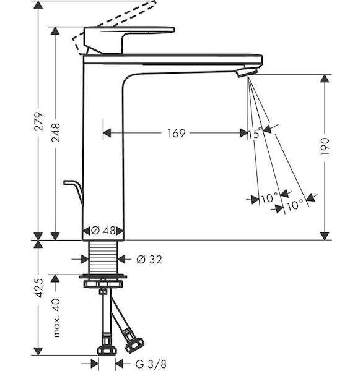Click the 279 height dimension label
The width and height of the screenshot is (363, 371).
click(38, 121)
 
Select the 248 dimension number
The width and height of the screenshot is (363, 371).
click(56, 132)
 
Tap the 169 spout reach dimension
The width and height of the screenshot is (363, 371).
click(177, 133)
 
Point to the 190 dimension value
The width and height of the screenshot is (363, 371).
click(325, 146)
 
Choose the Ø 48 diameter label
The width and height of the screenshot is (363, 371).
click(103, 231)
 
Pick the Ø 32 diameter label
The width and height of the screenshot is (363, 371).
click(149, 260)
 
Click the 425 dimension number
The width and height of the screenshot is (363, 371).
click(38, 288)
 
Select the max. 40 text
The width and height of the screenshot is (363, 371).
click(56, 318)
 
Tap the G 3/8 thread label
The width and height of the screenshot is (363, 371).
click(151, 364)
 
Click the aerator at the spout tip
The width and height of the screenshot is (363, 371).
click(247, 72)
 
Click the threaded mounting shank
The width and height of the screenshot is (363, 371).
click(103, 258)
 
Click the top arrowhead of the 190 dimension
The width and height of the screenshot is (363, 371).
click(325, 79)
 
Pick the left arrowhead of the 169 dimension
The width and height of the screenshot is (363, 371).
click(107, 133)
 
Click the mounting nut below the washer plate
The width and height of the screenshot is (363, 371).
click(103, 284)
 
